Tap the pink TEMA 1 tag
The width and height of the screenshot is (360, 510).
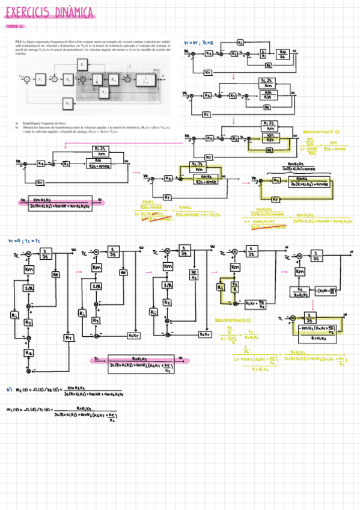point(14,26)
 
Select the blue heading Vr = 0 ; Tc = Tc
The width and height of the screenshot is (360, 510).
point(23,241)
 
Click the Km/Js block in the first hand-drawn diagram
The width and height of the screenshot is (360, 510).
point(284,55)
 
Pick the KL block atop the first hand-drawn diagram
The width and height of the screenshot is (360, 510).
point(240,43)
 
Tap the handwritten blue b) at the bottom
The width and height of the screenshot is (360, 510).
point(9,389)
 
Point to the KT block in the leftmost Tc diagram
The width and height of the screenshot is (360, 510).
point(67,338)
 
